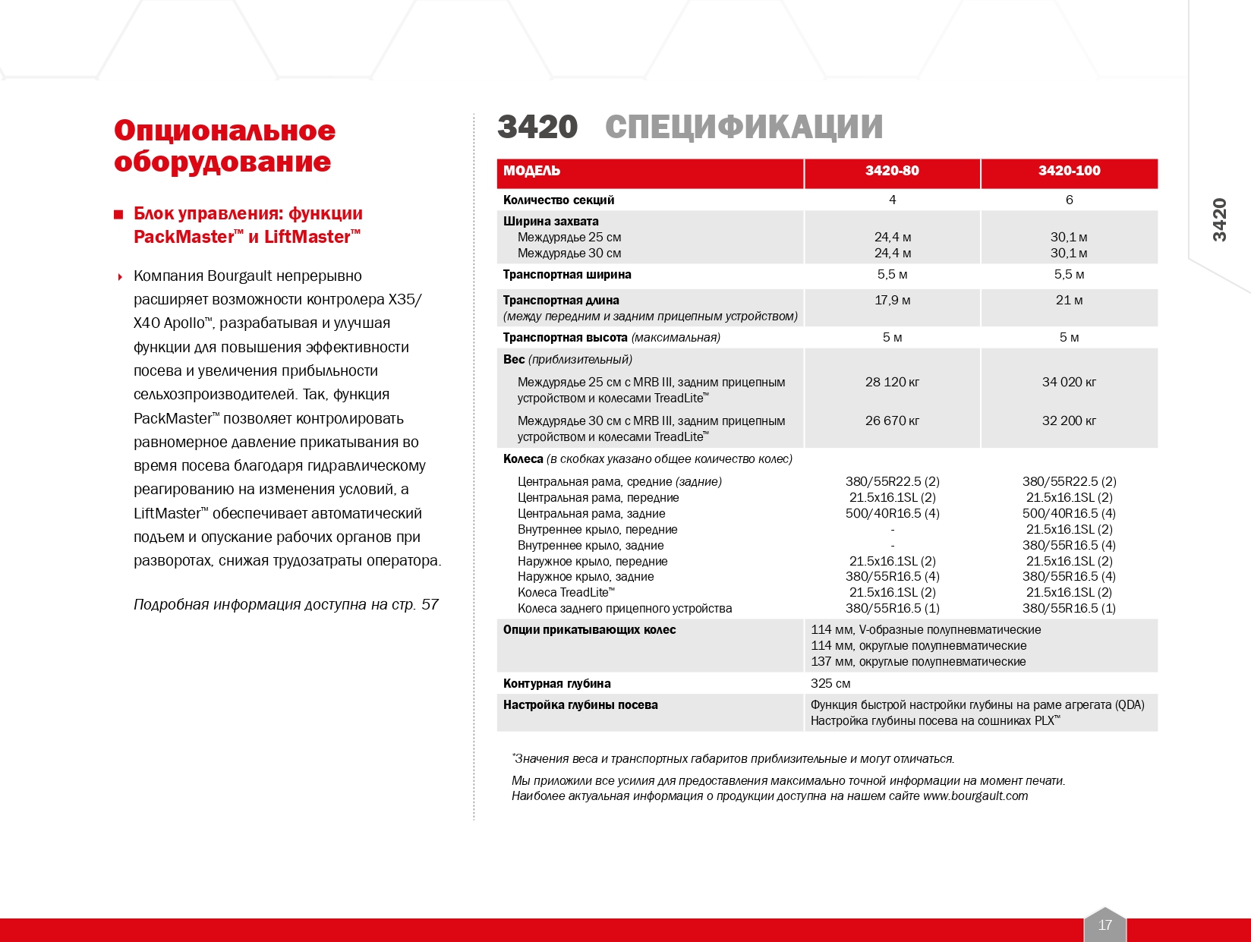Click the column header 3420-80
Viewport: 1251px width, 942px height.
pyautogui.click(x=892, y=171)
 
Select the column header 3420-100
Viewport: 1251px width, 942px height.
pyautogui.click(x=1069, y=171)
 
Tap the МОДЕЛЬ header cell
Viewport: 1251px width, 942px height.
pyautogui.click(x=531, y=171)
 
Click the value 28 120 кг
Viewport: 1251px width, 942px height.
pyautogui.click(x=892, y=382)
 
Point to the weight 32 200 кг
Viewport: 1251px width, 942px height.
pyautogui.click(x=1069, y=421)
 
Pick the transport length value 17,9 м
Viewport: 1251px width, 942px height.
pyautogui.click(x=892, y=301)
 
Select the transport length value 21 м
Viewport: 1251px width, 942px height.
pyautogui.click(x=1069, y=301)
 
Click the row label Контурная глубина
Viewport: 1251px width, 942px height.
pyautogui.click(x=556, y=684)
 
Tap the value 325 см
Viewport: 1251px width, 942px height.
pyautogui.click(x=830, y=684)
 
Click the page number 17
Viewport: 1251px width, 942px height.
pyautogui.click(x=1105, y=925)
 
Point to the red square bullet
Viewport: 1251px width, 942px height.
pyautogui.click(x=118, y=215)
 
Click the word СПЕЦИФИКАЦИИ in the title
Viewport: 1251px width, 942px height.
pyautogui.click(x=744, y=128)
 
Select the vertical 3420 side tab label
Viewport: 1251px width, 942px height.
pyautogui.click(x=1219, y=220)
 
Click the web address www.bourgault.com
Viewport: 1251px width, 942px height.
pyautogui.click(x=975, y=796)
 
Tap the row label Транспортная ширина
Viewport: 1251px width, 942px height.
pyautogui.click(x=567, y=275)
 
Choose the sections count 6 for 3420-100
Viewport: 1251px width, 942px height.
pyautogui.click(x=1069, y=200)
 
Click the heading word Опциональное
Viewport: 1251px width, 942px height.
pyautogui.click(x=225, y=131)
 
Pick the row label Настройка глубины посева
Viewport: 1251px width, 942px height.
pyautogui.click(x=580, y=705)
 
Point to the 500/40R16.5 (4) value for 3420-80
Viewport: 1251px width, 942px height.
pyautogui.click(x=892, y=514)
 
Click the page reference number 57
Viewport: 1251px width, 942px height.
pyautogui.click(x=430, y=605)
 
